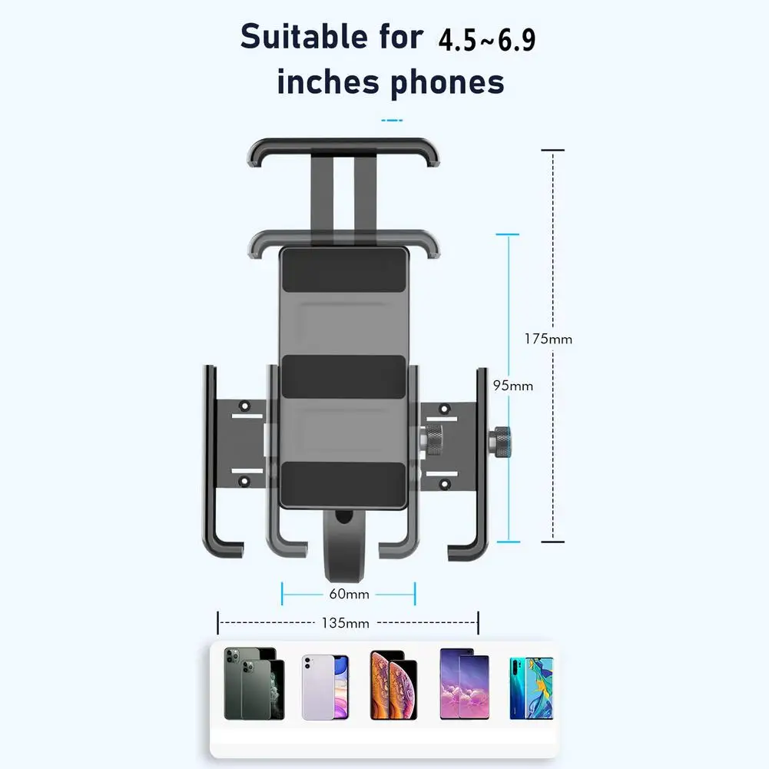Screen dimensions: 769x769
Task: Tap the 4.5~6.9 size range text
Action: [486, 40]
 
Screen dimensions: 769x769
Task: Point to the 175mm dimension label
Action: [548, 338]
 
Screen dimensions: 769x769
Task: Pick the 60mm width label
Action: [350, 594]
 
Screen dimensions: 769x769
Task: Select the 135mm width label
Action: [346, 623]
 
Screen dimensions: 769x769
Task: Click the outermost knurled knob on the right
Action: [502, 443]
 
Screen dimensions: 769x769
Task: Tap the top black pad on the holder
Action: [343, 270]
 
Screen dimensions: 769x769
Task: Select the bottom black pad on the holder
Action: [343, 483]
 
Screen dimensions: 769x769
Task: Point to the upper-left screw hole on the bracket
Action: [245, 406]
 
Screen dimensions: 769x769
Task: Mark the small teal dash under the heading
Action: [392, 121]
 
